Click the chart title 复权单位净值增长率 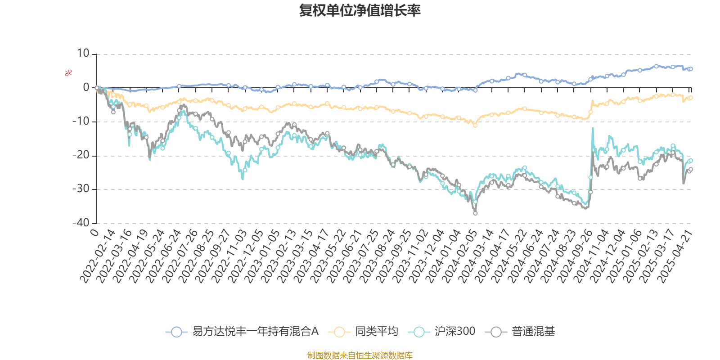[360, 10]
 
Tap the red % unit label [68, 72]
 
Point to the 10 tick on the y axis [83, 54]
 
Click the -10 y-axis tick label [81, 121]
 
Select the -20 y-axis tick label [81, 155]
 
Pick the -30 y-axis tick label [81, 189]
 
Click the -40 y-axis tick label [81, 223]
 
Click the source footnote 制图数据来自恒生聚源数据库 [360, 355]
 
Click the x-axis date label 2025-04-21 [675, 256]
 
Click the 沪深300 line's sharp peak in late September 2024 [593, 128]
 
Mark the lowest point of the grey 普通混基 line [475, 213]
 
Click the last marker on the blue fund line [691, 69]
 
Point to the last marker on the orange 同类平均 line [691, 98]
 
